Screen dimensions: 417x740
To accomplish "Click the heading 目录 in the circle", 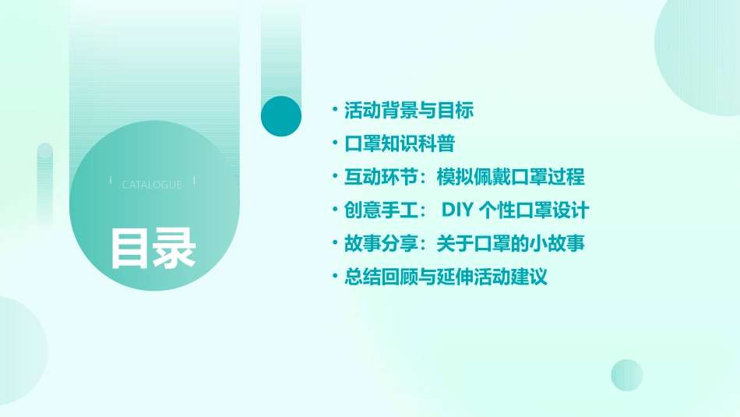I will pyautogui.click(x=153, y=248).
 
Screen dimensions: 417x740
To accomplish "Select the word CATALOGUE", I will pyautogui.click(x=152, y=185).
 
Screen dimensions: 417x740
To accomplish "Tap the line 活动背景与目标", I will pyautogui.click(x=409, y=111).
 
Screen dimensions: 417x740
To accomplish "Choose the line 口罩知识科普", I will pyautogui.click(x=399, y=144).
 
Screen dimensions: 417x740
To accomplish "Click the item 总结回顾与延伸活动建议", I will pyautogui.click(x=446, y=277).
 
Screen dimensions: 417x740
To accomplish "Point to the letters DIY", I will pyautogui.click(x=459, y=210).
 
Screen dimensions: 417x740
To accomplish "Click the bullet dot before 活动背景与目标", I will pyautogui.click(x=334, y=111).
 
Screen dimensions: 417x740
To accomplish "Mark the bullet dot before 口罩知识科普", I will pyautogui.click(x=334, y=144).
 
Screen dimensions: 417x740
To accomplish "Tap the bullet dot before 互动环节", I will pyautogui.click(x=334, y=178).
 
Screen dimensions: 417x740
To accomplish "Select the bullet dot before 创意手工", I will pyautogui.click(x=334, y=210).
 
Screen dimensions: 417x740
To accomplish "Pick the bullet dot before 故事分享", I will pyautogui.click(x=334, y=244).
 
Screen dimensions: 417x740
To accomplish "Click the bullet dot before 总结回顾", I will pyautogui.click(x=334, y=277).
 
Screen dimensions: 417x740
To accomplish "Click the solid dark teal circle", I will pyautogui.click(x=281, y=116).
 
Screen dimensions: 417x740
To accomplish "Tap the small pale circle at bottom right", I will pyautogui.click(x=626, y=375).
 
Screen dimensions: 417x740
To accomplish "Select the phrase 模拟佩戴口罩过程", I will pyautogui.click(x=510, y=178).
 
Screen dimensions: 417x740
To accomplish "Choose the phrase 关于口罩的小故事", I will pyautogui.click(x=510, y=244).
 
